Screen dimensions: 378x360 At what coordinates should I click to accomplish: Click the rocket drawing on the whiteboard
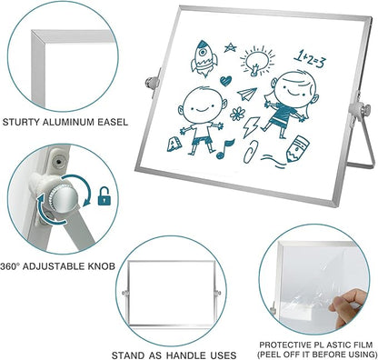pyautogui.click(x=204, y=58)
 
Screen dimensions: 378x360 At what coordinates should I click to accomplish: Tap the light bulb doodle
pyautogui.click(x=257, y=61)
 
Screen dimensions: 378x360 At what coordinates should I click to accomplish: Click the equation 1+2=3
pyautogui.click(x=311, y=59)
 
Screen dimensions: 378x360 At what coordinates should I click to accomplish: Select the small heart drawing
pyautogui.click(x=225, y=81)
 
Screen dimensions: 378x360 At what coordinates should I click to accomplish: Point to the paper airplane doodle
pyautogui.click(x=247, y=94)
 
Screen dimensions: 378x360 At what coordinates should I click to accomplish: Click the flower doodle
pyautogui.click(x=237, y=114)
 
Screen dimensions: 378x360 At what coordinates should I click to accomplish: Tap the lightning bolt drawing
pyautogui.click(x=251, y=127)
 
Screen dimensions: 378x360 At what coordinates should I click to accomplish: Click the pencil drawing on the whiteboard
pyautogui.click(x=297, y=149)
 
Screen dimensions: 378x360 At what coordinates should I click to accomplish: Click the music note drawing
pyautogui.click(x=224, y=149)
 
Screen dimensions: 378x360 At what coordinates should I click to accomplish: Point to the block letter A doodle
pyautogui.click(x=174, y=144)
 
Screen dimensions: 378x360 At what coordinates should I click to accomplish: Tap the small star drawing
pyautogui.click(x=230, y=47)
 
